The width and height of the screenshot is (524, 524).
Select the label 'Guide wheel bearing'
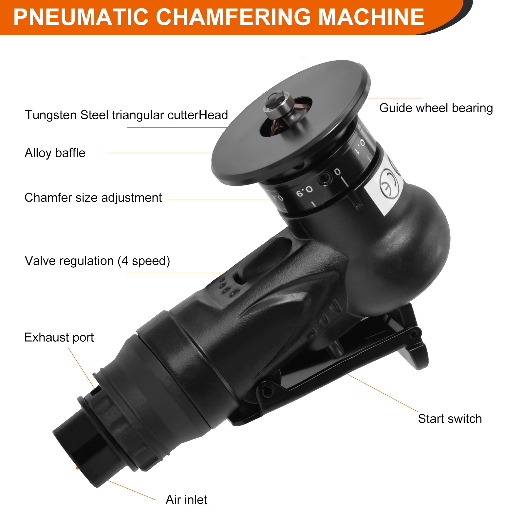click(x=436, y=108)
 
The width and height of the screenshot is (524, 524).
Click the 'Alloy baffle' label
click(x=55, y=153)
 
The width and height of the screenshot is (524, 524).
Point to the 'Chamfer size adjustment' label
click(x=93, y=198)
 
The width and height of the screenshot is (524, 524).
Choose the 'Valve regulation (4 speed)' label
click(x=97, y=261)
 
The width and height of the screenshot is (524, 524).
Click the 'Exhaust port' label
click(x=59, y=337)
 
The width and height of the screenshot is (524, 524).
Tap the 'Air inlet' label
click(x=186, y=500)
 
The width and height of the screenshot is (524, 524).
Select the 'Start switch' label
click(x=450, y=419)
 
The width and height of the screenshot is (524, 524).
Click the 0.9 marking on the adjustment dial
click(x=304, y=191)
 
